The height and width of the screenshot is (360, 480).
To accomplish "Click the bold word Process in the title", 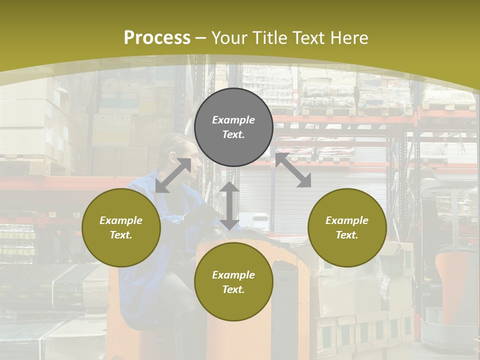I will pyautogui.click(x=157, y=38).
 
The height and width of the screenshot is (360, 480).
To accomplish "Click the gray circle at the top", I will pyautogui.click(x=233, y=127).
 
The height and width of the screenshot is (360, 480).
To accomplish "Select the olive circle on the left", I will pyautogui.click(x=121, y=227).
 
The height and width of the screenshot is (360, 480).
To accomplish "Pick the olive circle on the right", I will pyautogui.click(x=347, y=227).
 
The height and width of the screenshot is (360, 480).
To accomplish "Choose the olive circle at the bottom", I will pyautogui.click(x=233, y=282).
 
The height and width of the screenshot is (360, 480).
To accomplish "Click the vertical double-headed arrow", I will pyautogui.click(x=229, y=205).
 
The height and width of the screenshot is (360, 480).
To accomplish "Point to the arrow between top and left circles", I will pyautogui.click(x=173, y=175).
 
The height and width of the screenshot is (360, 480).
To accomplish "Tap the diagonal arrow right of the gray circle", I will pyautogui.click(x=293, y=170).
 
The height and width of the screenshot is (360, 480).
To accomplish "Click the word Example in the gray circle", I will pyautogui.click(x=233, y=120).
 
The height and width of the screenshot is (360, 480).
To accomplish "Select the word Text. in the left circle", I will pyautogui.click(x=121, y=235).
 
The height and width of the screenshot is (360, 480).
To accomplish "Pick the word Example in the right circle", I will pyautogui.click(x=347, y=220).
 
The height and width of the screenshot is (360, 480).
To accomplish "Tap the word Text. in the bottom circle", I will pyautogui.click(x=233, y=289).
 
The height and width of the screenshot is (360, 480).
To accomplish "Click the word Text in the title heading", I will pyautogui.click(x=309, y=38).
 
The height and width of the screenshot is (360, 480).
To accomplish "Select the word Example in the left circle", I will pyautogui.click(x=121, y=220).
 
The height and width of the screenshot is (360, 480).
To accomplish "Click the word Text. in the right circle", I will pyautogui.click(x=347, y=235).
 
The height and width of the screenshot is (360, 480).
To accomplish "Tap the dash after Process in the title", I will pyautogui.click(x=201, y=38).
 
